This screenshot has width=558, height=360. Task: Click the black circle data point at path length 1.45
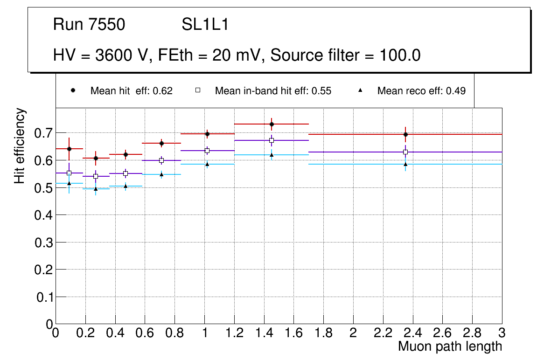(x=272, y=124)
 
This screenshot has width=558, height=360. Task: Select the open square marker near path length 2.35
(x=405, y=152)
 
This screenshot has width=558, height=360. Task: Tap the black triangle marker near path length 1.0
(x=207, y=164)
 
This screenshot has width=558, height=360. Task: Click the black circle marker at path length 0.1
(x=69, y=149)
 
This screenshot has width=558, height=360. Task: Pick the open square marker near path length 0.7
(x=161, y=160)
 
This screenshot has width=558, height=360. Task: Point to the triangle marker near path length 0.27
(x=96, y=189)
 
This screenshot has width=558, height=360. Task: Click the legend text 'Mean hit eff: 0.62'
(x=132, y=91)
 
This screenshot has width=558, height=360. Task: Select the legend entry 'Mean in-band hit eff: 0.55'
(x=273, y=91)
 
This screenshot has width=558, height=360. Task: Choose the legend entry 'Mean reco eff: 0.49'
(x=421, y=91)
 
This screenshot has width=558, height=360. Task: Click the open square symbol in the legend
(x=197, y=90)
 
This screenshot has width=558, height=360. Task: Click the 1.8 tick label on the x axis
(x=323, y=333)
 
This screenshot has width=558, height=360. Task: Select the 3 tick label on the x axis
(x=502, y=333)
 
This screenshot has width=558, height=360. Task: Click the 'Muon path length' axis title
(x=450, y=346)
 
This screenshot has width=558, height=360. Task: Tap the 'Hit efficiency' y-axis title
(x=20, y=145)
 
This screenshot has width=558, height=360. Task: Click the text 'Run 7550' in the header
(x=89, y=25)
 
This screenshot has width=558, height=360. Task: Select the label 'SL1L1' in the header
(x=205, y=25)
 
